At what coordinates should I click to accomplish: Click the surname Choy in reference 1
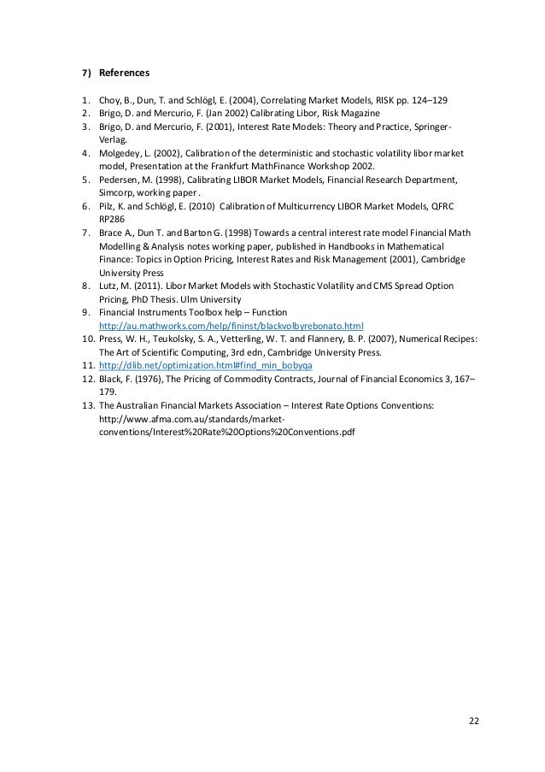click(111, 99)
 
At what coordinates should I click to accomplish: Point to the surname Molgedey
click(122, 153)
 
